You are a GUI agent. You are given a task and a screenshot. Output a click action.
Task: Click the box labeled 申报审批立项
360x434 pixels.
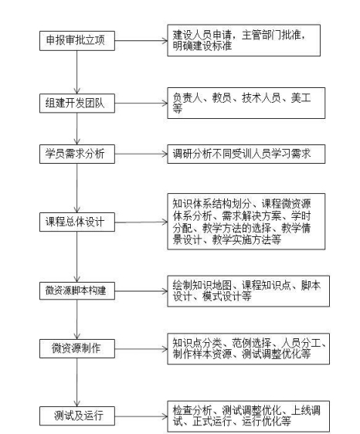tap(77, 41)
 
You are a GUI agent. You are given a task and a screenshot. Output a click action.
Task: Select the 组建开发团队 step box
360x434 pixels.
tap(77, 103)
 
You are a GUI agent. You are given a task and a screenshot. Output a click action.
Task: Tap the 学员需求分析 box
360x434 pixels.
tap(77, 154)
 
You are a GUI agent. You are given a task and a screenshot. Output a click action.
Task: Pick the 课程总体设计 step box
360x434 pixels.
tap(77, 222)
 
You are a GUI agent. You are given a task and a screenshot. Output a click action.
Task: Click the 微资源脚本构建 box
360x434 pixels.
tap(77, 290)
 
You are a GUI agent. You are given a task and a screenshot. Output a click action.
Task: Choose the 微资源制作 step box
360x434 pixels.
tap(77, 348)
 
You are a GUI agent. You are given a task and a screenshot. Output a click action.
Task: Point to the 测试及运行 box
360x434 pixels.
tap(77, 415)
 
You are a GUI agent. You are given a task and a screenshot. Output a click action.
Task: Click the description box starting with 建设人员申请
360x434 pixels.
tap(243, 40)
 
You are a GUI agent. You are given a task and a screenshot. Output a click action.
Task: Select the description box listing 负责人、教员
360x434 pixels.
tap(246, 103)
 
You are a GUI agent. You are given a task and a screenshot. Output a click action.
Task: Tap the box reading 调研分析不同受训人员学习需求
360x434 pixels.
tap(246, 154)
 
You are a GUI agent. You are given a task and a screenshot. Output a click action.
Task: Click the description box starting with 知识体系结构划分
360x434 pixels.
tap(246, 222)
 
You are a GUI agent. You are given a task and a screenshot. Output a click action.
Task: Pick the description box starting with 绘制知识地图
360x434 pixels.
tap(249, 291)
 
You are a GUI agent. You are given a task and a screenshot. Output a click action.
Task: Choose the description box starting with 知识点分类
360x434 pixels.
tap(249, 349)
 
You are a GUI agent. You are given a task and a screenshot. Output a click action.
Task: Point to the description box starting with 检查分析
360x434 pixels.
tap(249, 416)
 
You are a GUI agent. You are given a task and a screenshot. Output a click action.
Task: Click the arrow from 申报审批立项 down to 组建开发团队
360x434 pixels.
tap(77, 73)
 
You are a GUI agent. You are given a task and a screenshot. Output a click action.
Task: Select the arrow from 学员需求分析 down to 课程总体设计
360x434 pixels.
tap(77, 188)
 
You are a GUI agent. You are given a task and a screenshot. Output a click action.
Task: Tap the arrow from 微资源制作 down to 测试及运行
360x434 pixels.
tap(77, 382)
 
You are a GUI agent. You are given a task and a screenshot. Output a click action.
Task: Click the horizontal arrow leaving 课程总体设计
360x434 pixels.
tap(141, 222)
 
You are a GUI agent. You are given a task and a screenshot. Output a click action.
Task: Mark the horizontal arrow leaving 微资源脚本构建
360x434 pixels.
tap(141, 291)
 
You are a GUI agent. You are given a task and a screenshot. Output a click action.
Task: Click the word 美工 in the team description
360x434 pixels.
tap(301, 98)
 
